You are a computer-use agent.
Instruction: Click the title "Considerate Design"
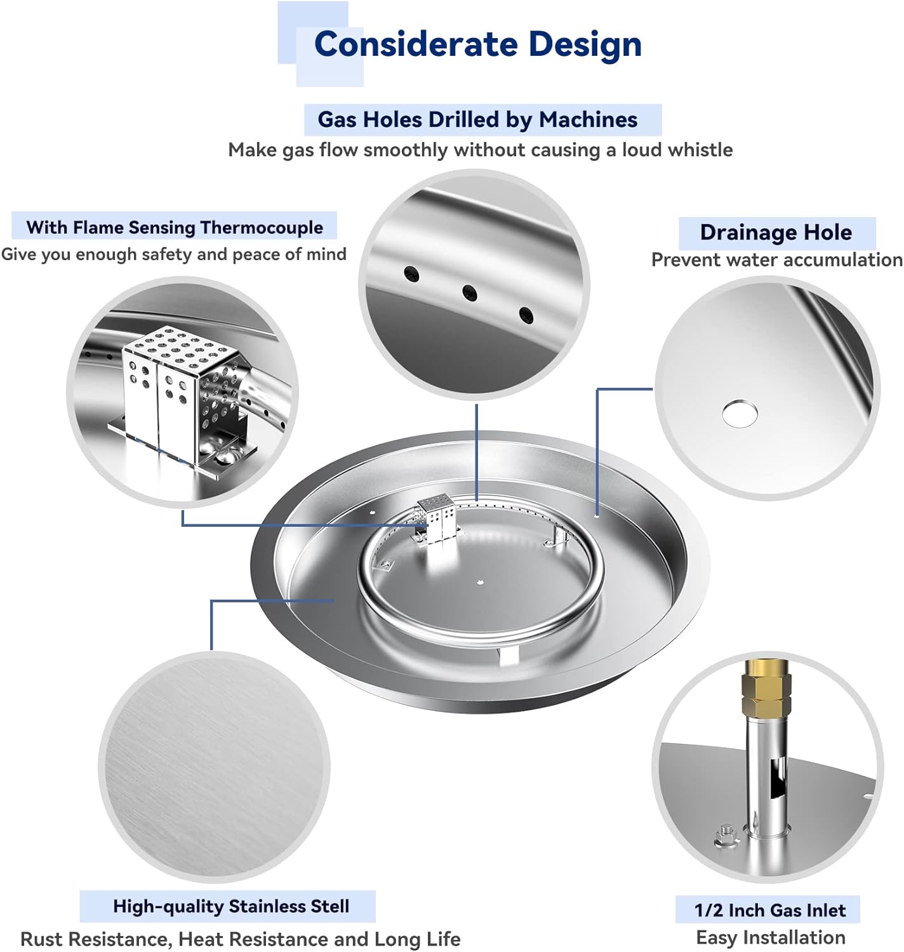[x=477, y=44]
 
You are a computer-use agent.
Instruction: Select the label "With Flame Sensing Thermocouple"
[x=175, y=227]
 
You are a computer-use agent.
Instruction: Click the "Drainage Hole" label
[x=776, y=232]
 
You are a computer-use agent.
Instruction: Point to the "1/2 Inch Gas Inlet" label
[x=769, y=910]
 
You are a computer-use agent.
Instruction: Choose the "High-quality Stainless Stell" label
[x=231, y=906]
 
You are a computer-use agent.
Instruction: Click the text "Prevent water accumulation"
[x=776, y=260]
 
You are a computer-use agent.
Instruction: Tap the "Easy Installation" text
[x=770, y=937]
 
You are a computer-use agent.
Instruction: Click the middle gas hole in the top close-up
[x=469, y=293]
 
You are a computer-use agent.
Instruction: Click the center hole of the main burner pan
[x=480, y=579]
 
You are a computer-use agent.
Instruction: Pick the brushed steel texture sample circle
[x=214, y=767]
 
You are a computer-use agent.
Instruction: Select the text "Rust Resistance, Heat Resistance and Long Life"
[x=241, y=939]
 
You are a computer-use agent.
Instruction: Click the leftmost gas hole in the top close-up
[x=412, y=274]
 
